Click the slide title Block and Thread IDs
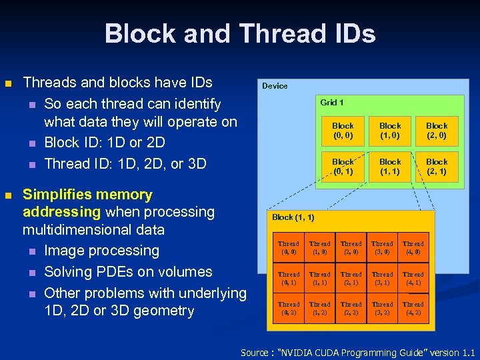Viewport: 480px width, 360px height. click(240, 33)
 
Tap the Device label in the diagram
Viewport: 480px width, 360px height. click(275, 86)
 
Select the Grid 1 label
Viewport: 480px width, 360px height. click(332, 103)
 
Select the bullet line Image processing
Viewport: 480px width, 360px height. click(101, 251)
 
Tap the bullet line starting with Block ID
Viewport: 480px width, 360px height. click(104, 143)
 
